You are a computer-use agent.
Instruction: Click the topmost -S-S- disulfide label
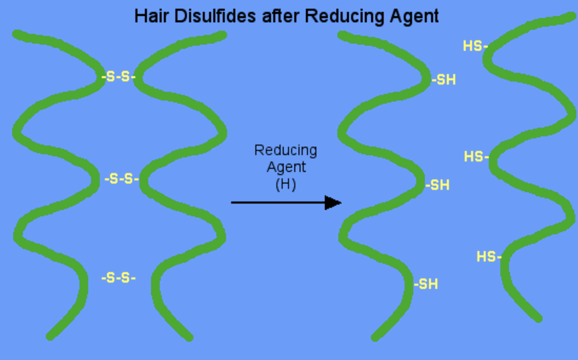coord(118,77)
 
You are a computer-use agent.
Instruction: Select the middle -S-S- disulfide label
coord(122,178)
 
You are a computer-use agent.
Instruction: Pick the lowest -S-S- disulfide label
coord(118,278)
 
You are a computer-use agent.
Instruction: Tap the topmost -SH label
coord(444,80)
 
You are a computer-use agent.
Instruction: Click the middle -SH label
coord(437,185)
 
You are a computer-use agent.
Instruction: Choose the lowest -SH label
coord(426,284)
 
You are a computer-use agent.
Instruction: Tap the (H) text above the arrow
coord(285,184)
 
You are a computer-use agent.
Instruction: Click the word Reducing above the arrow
coord(285,150)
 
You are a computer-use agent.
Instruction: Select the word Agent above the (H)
coord(286,167)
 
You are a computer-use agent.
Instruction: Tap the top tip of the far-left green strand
coord(17,34)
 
